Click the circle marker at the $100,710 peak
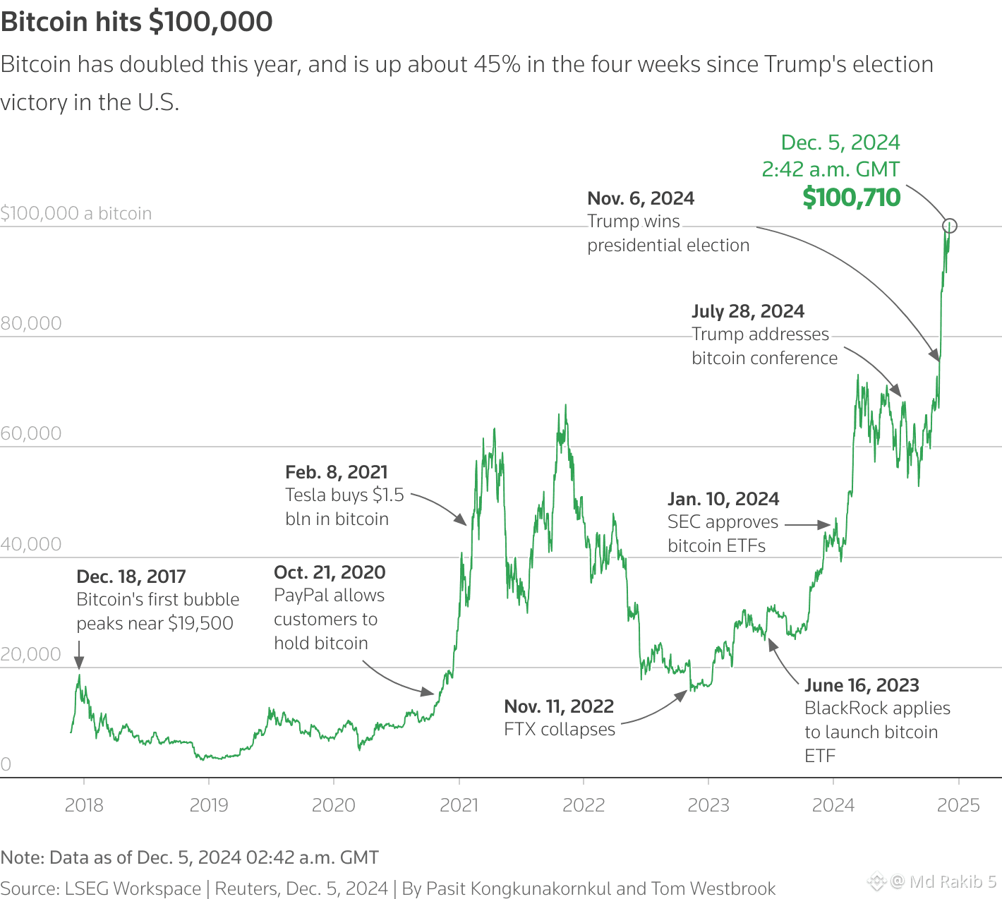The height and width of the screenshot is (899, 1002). coord(950,226)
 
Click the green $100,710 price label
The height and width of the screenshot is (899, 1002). coord(852,198)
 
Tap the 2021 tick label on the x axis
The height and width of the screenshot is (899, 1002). coord(459,805)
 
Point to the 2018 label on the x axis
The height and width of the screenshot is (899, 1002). coord(84,805)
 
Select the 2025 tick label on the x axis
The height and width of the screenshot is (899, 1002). coord(958,805)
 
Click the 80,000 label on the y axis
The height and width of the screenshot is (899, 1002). coord(31,323)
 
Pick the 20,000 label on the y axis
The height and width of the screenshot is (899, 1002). coord(31,654)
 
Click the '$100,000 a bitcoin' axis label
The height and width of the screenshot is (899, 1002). coord(76,213)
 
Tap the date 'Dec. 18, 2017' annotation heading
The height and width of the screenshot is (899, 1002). coord(131,577)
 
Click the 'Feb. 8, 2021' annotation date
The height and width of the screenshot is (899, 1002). coord(337,472)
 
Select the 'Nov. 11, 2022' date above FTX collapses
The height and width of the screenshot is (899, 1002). coord(559,706)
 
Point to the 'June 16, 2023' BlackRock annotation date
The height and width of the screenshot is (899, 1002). coord(862,685)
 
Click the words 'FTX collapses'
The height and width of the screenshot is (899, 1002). coord(560,730)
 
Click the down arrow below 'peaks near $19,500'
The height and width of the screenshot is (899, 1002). coord(79,661)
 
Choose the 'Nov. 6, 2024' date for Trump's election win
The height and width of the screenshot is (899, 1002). coord(641,198)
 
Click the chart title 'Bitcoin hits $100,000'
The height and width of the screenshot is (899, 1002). coord(137,22)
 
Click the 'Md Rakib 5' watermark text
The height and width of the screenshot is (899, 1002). coord(953,881)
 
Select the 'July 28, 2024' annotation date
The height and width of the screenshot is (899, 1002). coord(748,311)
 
